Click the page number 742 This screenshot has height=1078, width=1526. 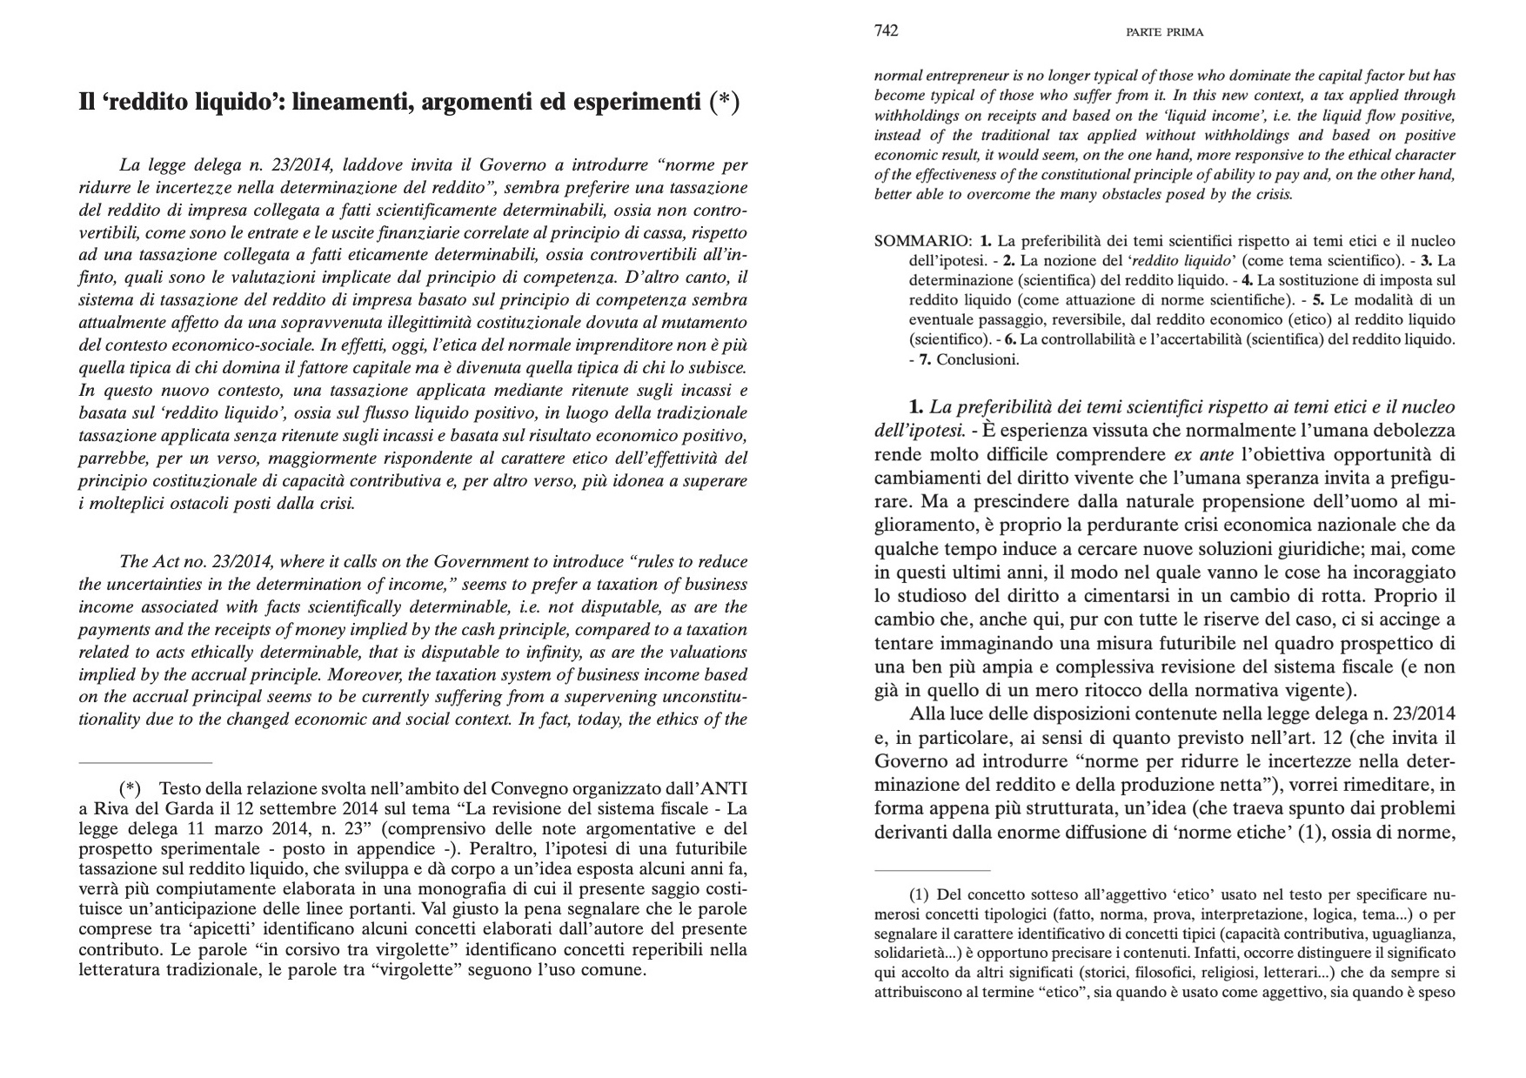[886, 31]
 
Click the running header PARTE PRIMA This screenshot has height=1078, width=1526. [1164, 32]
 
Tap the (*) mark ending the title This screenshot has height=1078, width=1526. [724, 103]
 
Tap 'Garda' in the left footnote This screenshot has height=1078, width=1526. [175, 808]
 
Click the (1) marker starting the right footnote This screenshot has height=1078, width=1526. [920, 894]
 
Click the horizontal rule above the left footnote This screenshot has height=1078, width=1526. [145, 762]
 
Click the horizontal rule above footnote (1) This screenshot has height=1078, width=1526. [932, 869]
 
